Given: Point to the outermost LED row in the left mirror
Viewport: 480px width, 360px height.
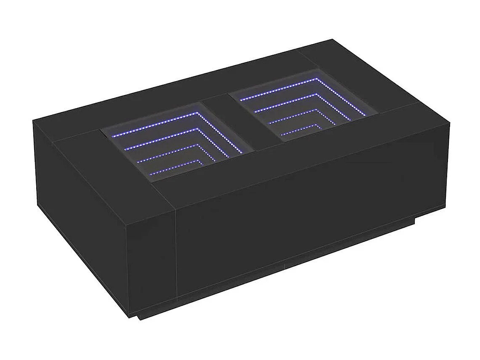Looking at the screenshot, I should pos(156,125).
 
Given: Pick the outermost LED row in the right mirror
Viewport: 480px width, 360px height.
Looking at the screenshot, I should pos(278,89).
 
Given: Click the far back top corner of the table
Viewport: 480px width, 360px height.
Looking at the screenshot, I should pos(332,40).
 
